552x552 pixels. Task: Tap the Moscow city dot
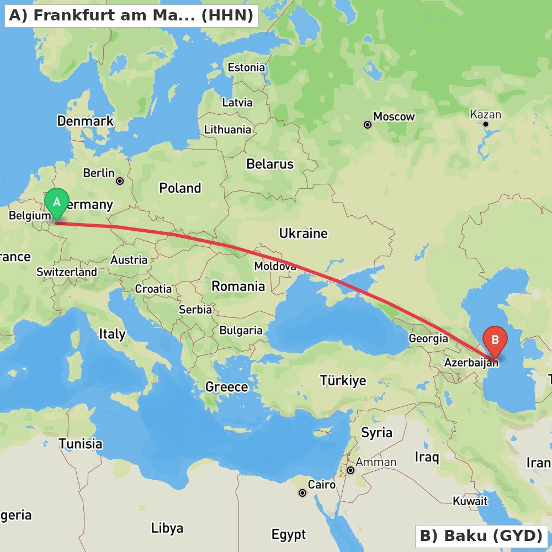point(368,125)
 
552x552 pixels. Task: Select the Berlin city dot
point(120,181)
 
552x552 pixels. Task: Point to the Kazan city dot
point(486,124)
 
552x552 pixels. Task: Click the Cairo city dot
point(302,493)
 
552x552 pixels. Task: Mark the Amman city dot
point(351,470)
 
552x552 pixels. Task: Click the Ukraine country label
point(303,233)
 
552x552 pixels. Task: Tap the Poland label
point(180,188)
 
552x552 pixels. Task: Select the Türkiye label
point(343,380)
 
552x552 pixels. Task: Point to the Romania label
point(238,286)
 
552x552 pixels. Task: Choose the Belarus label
point(270,164)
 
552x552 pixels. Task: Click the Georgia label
point(428,338)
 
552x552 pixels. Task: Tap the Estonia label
point(246,67)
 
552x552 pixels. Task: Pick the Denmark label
point(85,121)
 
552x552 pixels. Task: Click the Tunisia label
point(81,444)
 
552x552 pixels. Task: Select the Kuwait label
point(470,501)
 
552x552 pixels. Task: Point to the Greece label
point(226,387)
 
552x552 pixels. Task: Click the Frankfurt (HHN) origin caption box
point(131,15)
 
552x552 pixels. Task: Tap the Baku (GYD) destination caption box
point(481,536)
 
